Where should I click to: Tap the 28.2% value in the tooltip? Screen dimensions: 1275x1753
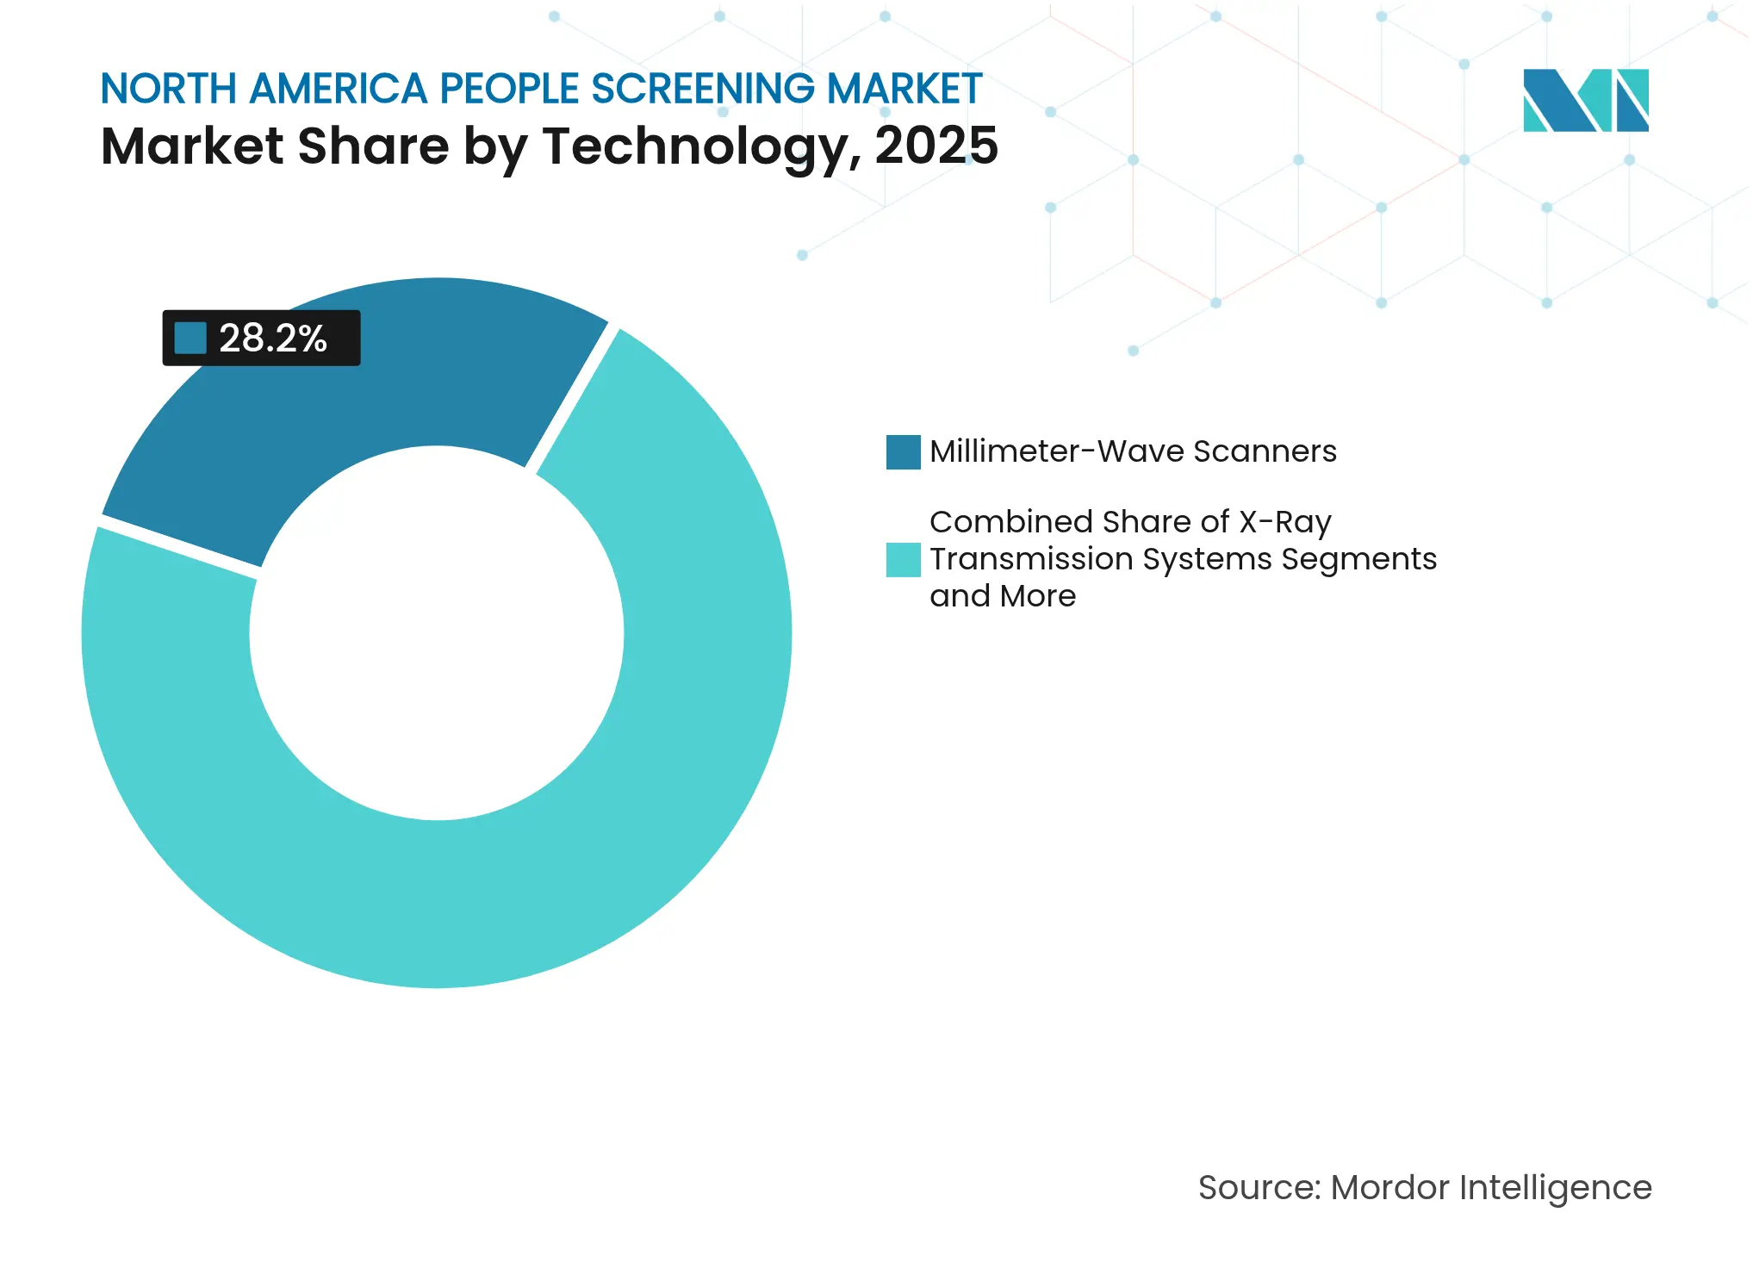(272, 339)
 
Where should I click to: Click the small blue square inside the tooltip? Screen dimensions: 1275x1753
(190, 339)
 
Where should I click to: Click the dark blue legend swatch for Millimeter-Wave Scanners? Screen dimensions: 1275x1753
(903, 452)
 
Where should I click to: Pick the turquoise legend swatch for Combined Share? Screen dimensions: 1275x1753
(903, 560)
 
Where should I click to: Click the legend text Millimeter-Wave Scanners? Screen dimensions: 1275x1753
(1133, 451)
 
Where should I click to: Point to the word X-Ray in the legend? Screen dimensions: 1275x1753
(1284, 522)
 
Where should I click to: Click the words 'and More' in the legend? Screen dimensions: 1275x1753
(1003, 596)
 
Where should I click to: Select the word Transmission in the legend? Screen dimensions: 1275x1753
(1031, 559)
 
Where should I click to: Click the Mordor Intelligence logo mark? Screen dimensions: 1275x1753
(1585, 101)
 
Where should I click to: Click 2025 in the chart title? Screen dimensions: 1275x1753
(936, 146)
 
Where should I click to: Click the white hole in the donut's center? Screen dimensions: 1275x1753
(437, 633)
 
